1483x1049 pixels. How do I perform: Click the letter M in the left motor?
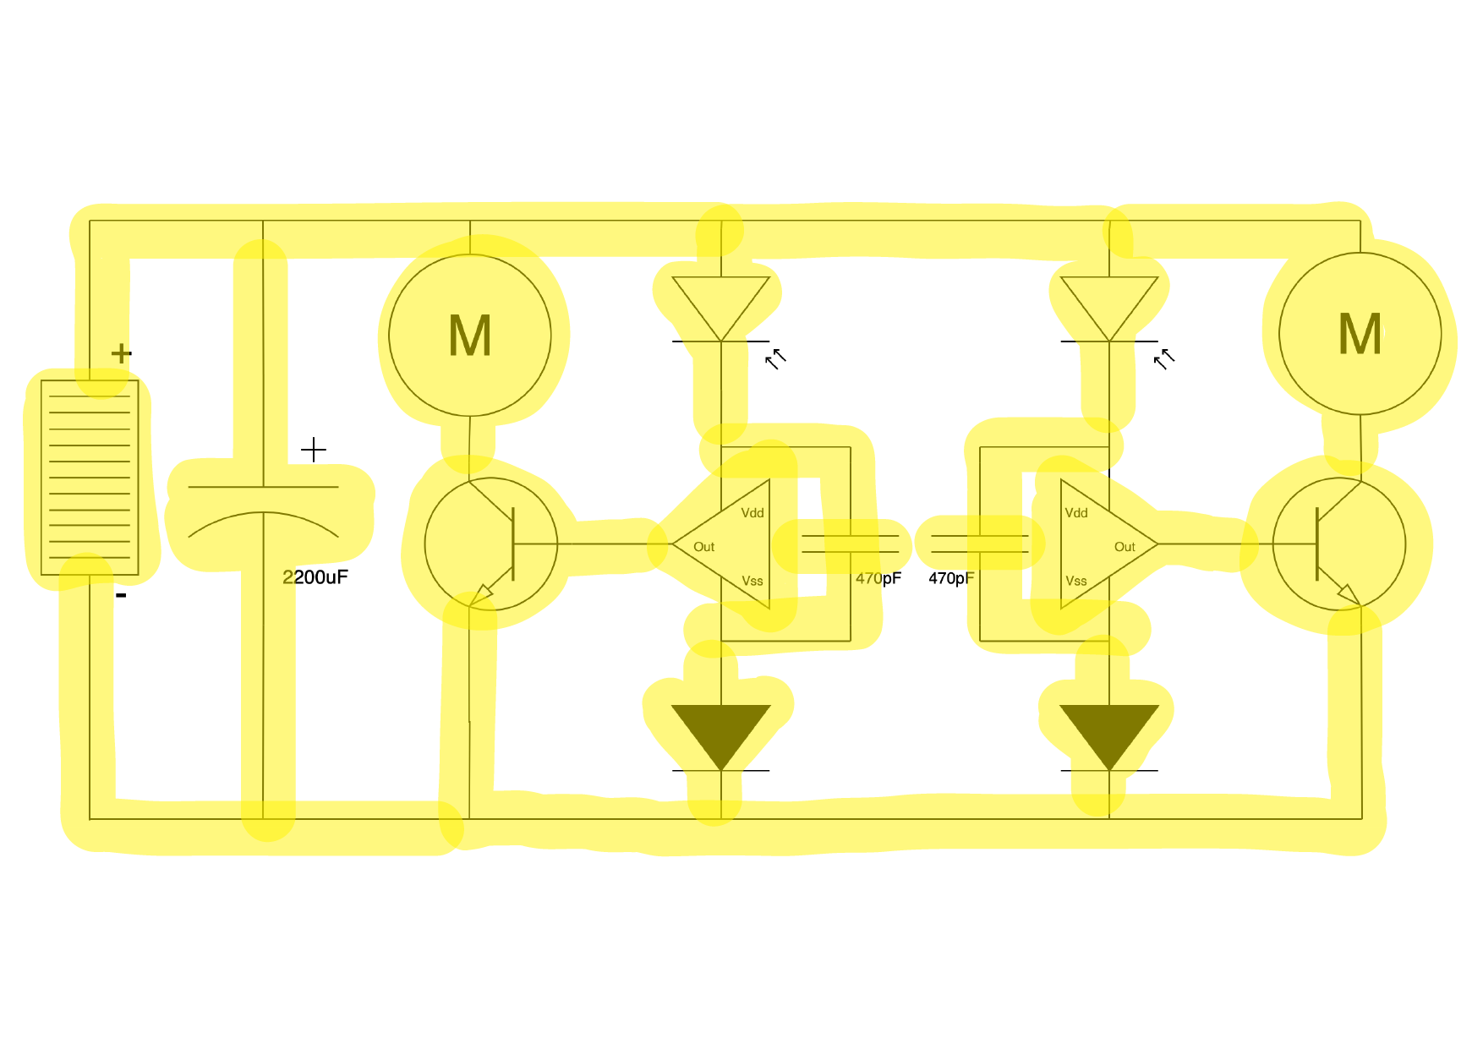tap(469, 336)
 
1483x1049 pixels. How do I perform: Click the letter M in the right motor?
tap(1360, 334)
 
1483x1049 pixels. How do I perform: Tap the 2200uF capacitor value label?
tap(315, 577)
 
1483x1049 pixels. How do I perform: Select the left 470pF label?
tap(878, 578)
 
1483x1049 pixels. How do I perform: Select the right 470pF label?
tap(951, 578)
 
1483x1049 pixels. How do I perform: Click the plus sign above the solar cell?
tap(122, 352)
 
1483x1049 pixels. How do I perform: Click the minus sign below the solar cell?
tap(122, 596)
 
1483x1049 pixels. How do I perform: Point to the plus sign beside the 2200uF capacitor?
tap(314, 450)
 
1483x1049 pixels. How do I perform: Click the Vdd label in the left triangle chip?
tap(752, 513)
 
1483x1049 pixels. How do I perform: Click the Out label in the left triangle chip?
tap(703, 547)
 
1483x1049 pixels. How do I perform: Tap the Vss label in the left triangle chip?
tap(752, 581)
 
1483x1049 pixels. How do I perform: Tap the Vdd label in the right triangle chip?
tap(1076, 513)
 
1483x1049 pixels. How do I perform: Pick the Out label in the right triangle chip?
tap(1125, 547)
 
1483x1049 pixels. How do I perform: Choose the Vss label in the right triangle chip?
tap(1076, 581)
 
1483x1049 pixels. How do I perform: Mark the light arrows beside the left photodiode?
tap(775, 359)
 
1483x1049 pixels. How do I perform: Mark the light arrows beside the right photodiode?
tap(1164, 359)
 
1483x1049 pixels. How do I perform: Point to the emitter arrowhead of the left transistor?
tap(482, 594)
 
